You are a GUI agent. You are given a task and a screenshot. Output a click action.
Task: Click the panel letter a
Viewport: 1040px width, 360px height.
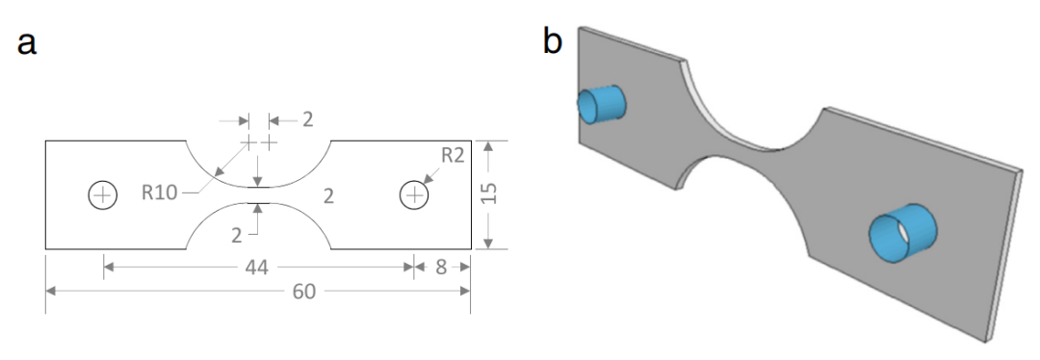pos(27,44)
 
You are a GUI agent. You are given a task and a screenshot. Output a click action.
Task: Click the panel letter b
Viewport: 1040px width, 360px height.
pos(553,41)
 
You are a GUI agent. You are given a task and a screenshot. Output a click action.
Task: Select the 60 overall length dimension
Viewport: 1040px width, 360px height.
pos(303,291)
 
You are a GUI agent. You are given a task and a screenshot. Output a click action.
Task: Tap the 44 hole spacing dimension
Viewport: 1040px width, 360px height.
pos(257,268)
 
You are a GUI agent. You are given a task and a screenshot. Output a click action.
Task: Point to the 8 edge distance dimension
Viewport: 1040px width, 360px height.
pos(441,268)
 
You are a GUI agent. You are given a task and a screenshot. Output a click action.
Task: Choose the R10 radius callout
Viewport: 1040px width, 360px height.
pos(159,193)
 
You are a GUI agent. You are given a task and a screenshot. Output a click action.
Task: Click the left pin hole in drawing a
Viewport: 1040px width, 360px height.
pos(103,194)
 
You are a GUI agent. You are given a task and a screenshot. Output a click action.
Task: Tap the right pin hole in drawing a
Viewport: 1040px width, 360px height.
pos(414,194)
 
